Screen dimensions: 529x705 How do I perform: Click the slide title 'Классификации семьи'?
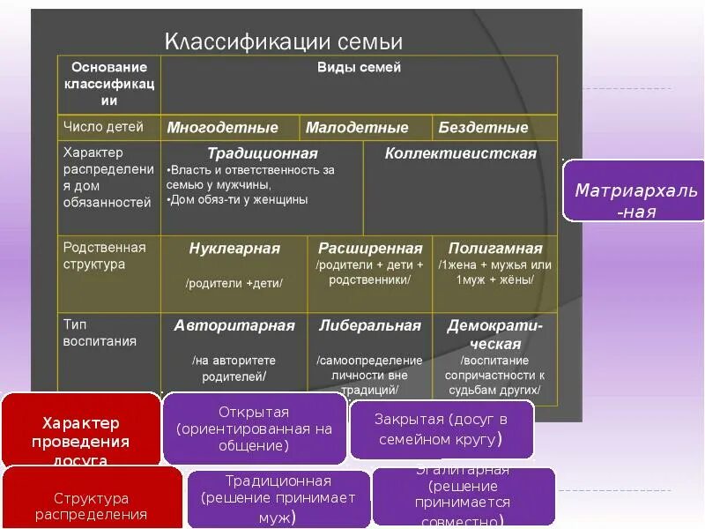(284, 41)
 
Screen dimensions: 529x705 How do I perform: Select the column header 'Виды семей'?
(359, 68)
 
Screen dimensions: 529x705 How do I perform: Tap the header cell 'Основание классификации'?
(109, 84)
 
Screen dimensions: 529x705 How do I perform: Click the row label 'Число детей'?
(103, 127)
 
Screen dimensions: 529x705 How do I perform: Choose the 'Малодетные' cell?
(357, 128)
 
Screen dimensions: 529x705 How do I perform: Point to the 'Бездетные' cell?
(483, 128)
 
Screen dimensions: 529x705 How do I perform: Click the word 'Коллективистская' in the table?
(460, 153)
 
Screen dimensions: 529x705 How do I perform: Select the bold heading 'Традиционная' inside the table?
(262, 153)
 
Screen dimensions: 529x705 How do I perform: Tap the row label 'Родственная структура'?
(105, 256)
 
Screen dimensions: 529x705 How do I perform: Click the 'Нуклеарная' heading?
(234, 249)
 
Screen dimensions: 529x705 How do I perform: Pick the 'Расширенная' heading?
(370, 249)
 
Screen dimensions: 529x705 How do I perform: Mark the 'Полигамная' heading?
(494, 249)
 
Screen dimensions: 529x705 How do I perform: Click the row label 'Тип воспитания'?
(100, 332)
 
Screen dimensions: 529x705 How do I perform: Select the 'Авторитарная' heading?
(234, 326)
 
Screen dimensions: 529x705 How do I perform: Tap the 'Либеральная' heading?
(370, 326)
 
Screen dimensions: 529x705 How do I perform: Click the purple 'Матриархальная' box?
(634, 201)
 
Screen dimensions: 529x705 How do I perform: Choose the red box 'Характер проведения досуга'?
(81, 431)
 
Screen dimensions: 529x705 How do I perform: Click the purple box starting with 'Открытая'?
(254, 428)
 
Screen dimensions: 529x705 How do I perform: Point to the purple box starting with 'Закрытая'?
(441, 429)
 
